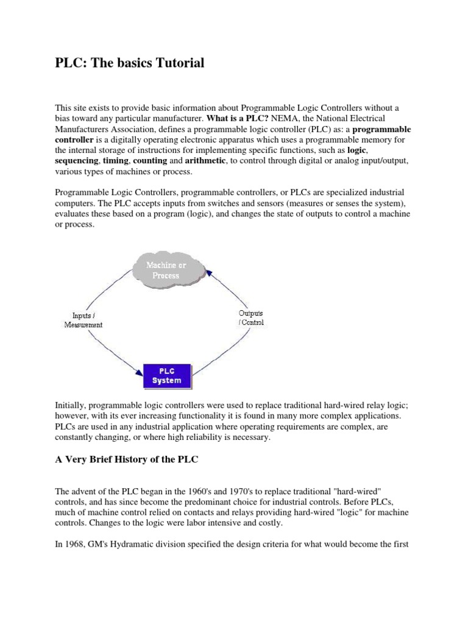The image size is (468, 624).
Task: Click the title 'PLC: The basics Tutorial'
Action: tap(130, 63)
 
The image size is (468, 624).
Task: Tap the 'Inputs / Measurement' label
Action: tap(83, 320)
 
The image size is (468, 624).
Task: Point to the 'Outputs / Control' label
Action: tap(250, 317)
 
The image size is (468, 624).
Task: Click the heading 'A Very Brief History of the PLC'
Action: tap(127, 460)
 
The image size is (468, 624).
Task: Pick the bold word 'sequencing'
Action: tap(76, 161)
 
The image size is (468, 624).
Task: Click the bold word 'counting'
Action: tap(149, 161)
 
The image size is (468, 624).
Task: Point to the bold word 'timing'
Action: tap(116, 161)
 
